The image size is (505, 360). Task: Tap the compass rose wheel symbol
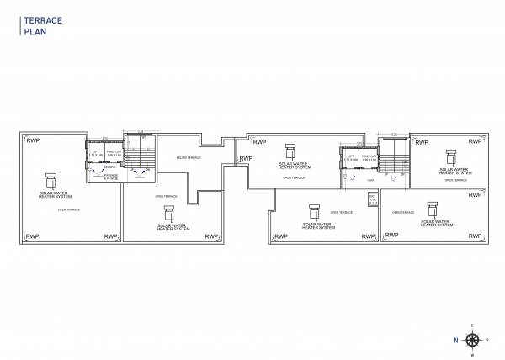click(473, 340)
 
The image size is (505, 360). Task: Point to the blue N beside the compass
click(455, 340)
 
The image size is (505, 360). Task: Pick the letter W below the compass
click(473, 354)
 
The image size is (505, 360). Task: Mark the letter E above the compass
click(473, 326)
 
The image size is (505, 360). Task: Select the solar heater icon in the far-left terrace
click(51, 180)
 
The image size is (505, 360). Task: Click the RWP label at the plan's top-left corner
click(33, 140)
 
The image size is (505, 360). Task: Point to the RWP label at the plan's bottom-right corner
click(476, 236)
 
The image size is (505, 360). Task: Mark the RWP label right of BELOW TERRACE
click(246, 158)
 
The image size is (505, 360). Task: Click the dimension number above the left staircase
click(141, 130)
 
